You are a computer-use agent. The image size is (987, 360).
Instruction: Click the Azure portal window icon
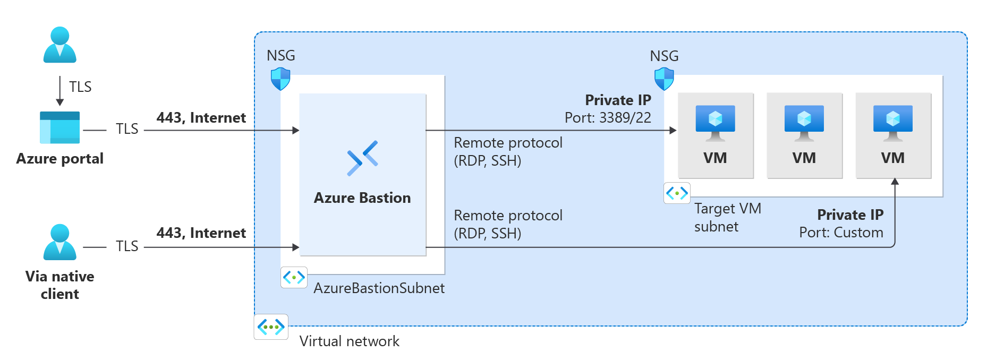tap(59, 127)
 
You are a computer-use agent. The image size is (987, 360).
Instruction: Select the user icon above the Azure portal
tap(59, 45)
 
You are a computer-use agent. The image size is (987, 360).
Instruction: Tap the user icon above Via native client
tap(59, 242)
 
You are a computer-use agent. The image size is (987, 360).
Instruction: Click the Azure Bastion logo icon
tap(362, 158)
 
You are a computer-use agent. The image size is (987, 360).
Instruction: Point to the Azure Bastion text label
tap(362, 198)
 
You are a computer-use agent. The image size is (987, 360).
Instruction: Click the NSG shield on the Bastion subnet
tap(280, 79)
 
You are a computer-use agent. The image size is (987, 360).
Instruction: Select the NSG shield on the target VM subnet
tap(664, 79)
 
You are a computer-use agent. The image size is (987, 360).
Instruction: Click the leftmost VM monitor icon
tap(715, 123)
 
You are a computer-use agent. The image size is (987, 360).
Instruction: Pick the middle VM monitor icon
tap(804, 123)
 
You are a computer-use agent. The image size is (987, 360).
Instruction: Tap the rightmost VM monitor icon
tap(892, 123)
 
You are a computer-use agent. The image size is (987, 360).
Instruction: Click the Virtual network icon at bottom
tap(271, 327)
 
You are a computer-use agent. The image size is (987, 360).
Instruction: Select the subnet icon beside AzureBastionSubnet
tap(294, 277)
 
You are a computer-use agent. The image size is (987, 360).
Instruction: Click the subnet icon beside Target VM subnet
tap(677, 193)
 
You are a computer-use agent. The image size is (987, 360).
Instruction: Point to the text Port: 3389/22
tap(608, 118)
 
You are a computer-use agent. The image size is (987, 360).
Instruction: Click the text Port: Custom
tap(841, 233)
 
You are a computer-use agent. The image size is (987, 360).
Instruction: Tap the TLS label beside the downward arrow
tap(80, 87)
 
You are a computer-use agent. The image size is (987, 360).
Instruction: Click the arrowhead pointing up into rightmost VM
tap(895, 182)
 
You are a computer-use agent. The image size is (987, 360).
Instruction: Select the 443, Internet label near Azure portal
tap(201, 118)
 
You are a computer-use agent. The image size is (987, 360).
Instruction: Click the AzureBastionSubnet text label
tap(379, 288)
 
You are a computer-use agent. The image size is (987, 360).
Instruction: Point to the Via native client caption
tap(59, 285)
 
